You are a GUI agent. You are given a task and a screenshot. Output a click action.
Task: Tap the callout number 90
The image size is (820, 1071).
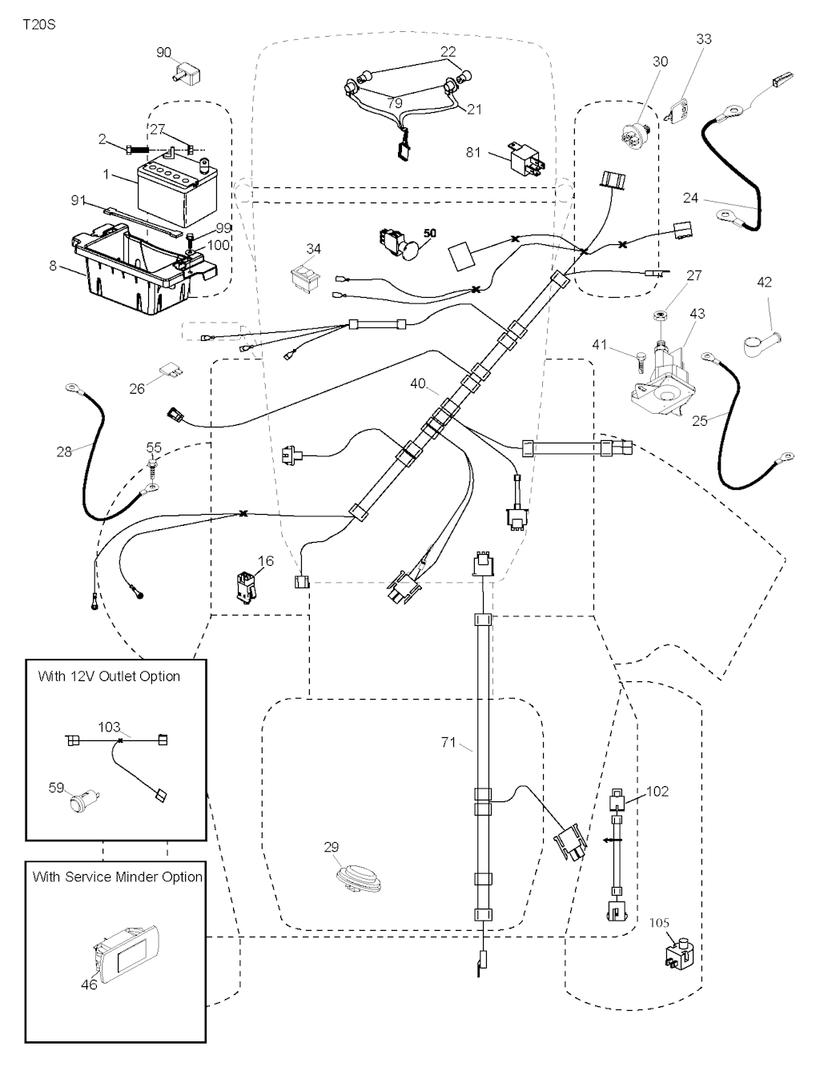(x=163, y=53)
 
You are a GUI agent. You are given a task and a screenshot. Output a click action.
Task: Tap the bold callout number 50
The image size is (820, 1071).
(x=430, y=233)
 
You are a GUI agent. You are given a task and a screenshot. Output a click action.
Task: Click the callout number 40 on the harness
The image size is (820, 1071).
(x=418, y=384)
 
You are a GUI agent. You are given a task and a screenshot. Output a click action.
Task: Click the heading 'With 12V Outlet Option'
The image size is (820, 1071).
(x=109, y=676)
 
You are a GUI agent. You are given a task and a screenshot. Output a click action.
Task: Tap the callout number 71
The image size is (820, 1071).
(x=448, y=743)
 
